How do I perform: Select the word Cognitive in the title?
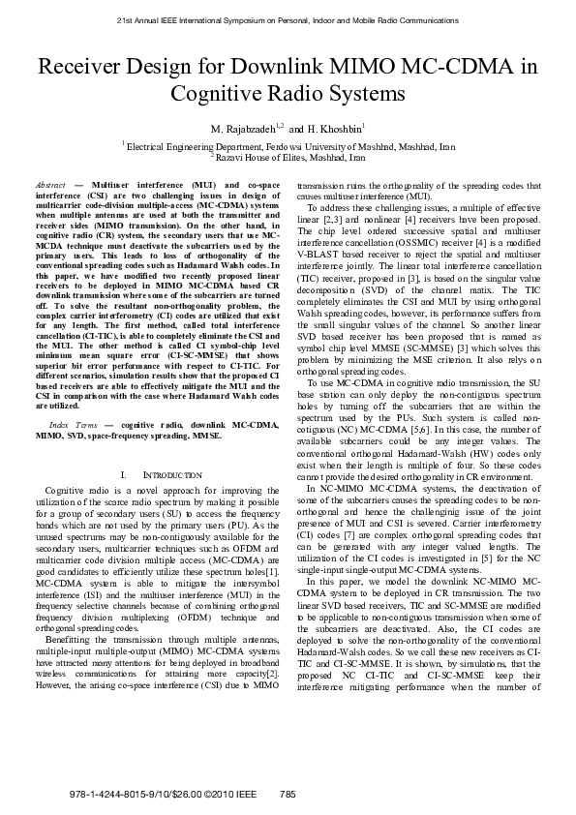[x=220, y=94]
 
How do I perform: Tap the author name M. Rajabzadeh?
[x=243, y=128]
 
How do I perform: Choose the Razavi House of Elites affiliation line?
[x=289, y=156]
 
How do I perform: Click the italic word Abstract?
[x=49, y=184]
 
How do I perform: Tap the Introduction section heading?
[x=172, y=475]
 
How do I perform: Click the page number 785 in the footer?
[x=287, y=794]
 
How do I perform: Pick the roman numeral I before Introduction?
[x=124, y=475]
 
